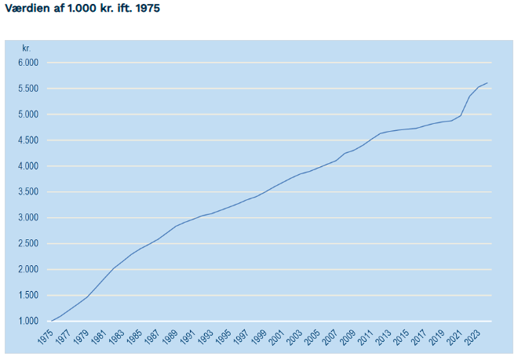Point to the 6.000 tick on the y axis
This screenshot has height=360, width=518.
click(28, 63)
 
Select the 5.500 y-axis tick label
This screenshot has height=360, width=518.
click(28, 89)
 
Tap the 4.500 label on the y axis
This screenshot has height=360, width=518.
click(28, 140)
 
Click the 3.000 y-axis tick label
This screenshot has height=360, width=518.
click(28, 218)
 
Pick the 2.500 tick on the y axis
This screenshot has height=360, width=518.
click(28, 244)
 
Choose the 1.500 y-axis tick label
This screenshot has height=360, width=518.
click(28, 296)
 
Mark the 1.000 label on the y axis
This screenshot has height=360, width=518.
click(28, 322)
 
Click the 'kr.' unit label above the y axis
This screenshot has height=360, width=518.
click(26, 49)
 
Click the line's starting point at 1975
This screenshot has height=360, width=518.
click(52, 321)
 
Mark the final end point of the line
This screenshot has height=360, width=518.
click(487, 83)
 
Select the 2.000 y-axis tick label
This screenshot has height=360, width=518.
click(28, 270)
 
